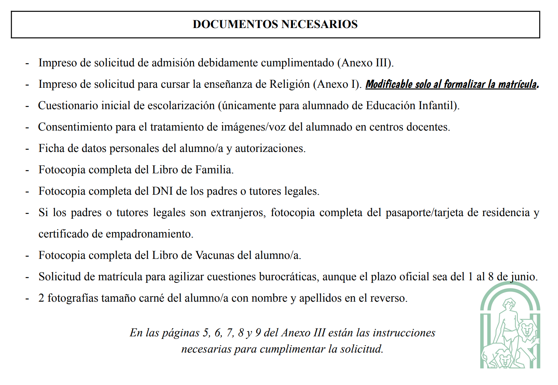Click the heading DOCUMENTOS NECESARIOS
tap(275, 24)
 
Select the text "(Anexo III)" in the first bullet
tap(365, 63)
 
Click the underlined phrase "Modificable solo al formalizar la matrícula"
tap(451, 84)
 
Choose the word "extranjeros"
tap(238, 213)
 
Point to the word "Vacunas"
tap(215, 256)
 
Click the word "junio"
tap(524, 277)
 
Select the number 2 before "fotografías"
tap(41, 298)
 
